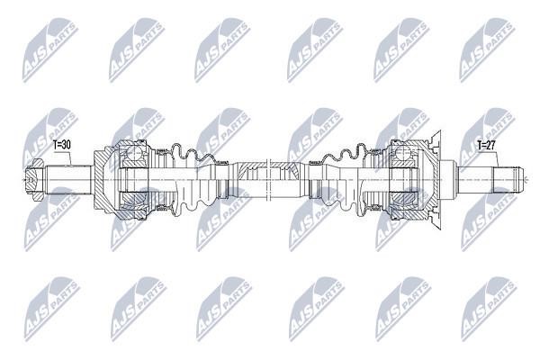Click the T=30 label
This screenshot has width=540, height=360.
click(x=62, y=145)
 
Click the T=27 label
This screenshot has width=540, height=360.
click(x=486, y=145)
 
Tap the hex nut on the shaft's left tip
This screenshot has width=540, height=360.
click(x=35, y=179)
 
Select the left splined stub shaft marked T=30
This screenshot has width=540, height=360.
click(x=69, y=179)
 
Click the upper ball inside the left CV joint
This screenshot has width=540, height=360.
click(x=132, y=151)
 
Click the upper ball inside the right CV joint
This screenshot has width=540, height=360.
click(x=402, y=152)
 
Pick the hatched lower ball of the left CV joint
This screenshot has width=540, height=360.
click(x=132, y=200)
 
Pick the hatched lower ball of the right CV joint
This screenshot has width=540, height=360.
click(x=402, y=200)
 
